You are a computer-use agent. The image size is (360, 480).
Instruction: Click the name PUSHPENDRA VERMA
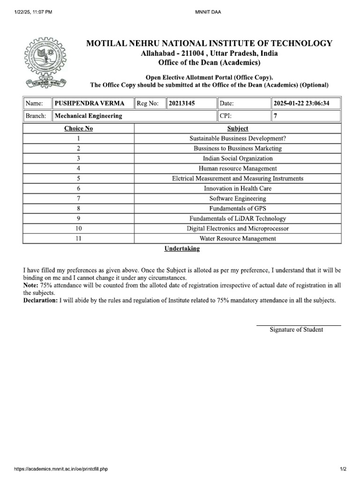(x=90, y=103)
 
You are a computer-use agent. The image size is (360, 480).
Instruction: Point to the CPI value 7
(x=276, y=116)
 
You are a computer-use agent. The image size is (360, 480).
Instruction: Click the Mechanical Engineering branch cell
(x=89, y=116)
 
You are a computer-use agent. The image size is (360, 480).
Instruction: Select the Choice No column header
(x=78, y=128)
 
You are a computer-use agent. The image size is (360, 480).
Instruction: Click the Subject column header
(x=238, y=128)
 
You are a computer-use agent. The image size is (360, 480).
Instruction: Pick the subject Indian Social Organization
(x=238, y=158)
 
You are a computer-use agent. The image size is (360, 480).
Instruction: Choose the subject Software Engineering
(x=238, y=199)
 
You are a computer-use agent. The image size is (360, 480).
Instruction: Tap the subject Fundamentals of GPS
(x=238, y=209)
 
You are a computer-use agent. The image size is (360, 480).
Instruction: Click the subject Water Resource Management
(x=238, y=239)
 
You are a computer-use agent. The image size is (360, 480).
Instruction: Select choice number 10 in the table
(x=78, y=229)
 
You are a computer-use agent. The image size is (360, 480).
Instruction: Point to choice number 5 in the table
(x=78, y=179)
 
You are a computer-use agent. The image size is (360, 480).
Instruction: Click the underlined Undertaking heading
(x=182, y=249)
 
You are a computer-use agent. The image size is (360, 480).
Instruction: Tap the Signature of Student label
(x=296, y=330)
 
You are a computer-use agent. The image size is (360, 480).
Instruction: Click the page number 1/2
(x=343, y=469)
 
